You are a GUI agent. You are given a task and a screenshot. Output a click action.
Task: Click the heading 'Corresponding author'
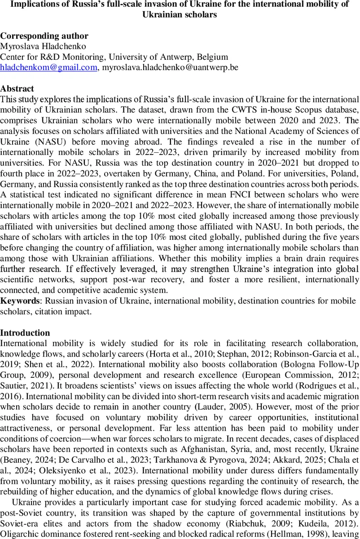click(44, 36)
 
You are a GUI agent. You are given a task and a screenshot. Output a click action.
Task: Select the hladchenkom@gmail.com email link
click(48, 67)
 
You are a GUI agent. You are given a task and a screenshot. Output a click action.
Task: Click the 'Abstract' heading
click(17, 88)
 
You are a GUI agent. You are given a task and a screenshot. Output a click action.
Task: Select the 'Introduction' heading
click(25, 333)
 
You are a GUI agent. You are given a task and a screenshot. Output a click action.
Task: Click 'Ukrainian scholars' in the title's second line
click(180, 14)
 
